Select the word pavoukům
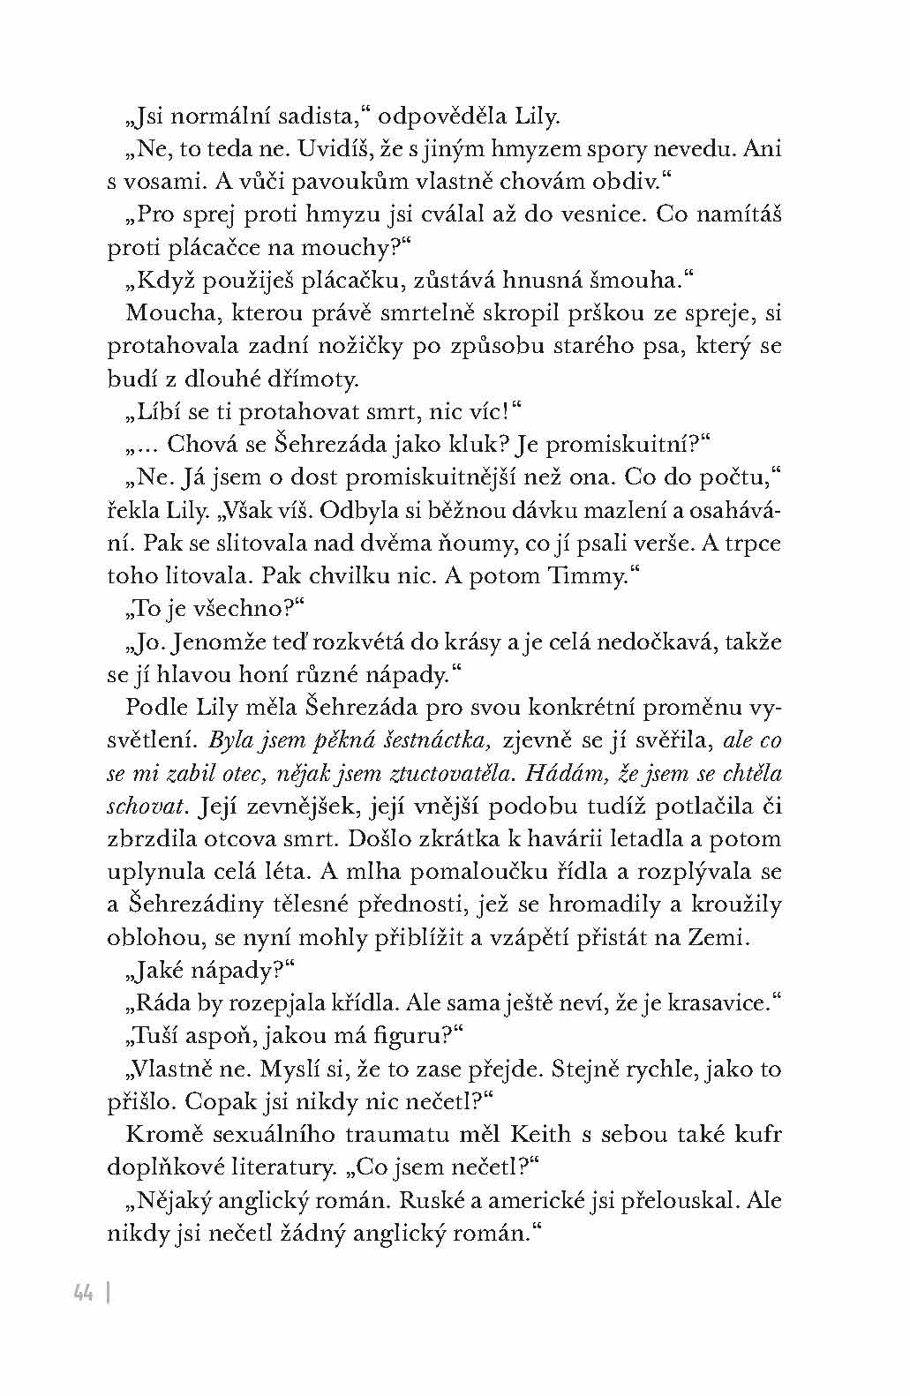pyautogui.click(x=303, y=182)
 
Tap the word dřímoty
pyautogui.click(x=316, y=379)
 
